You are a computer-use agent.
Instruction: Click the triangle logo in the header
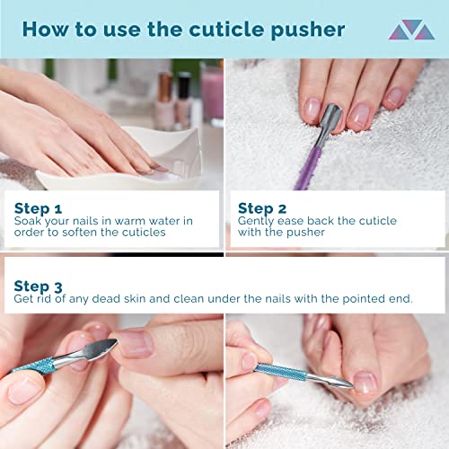click(x=411, y=31)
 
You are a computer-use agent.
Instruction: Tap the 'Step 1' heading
click(x=38, y=207)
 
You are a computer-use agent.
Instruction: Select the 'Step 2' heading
click(x=261, y=207)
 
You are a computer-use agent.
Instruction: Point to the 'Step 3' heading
click(x=38, y=286)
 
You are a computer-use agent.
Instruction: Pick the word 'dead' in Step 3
click(x=138, y=299)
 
